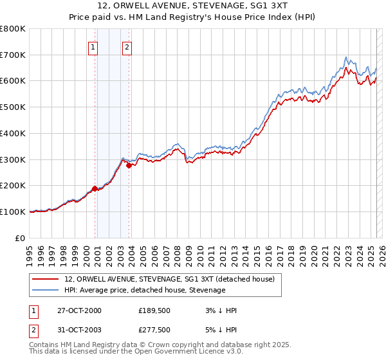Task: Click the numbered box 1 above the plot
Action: pos(93,46)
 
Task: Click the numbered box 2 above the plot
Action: pos(127,46)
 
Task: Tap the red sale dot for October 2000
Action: pos(95,188)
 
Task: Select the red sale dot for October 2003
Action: pos(129,165)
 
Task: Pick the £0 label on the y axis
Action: pos(21,238)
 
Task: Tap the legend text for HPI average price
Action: pos(145,290)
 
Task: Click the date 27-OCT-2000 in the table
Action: pos(79,310)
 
